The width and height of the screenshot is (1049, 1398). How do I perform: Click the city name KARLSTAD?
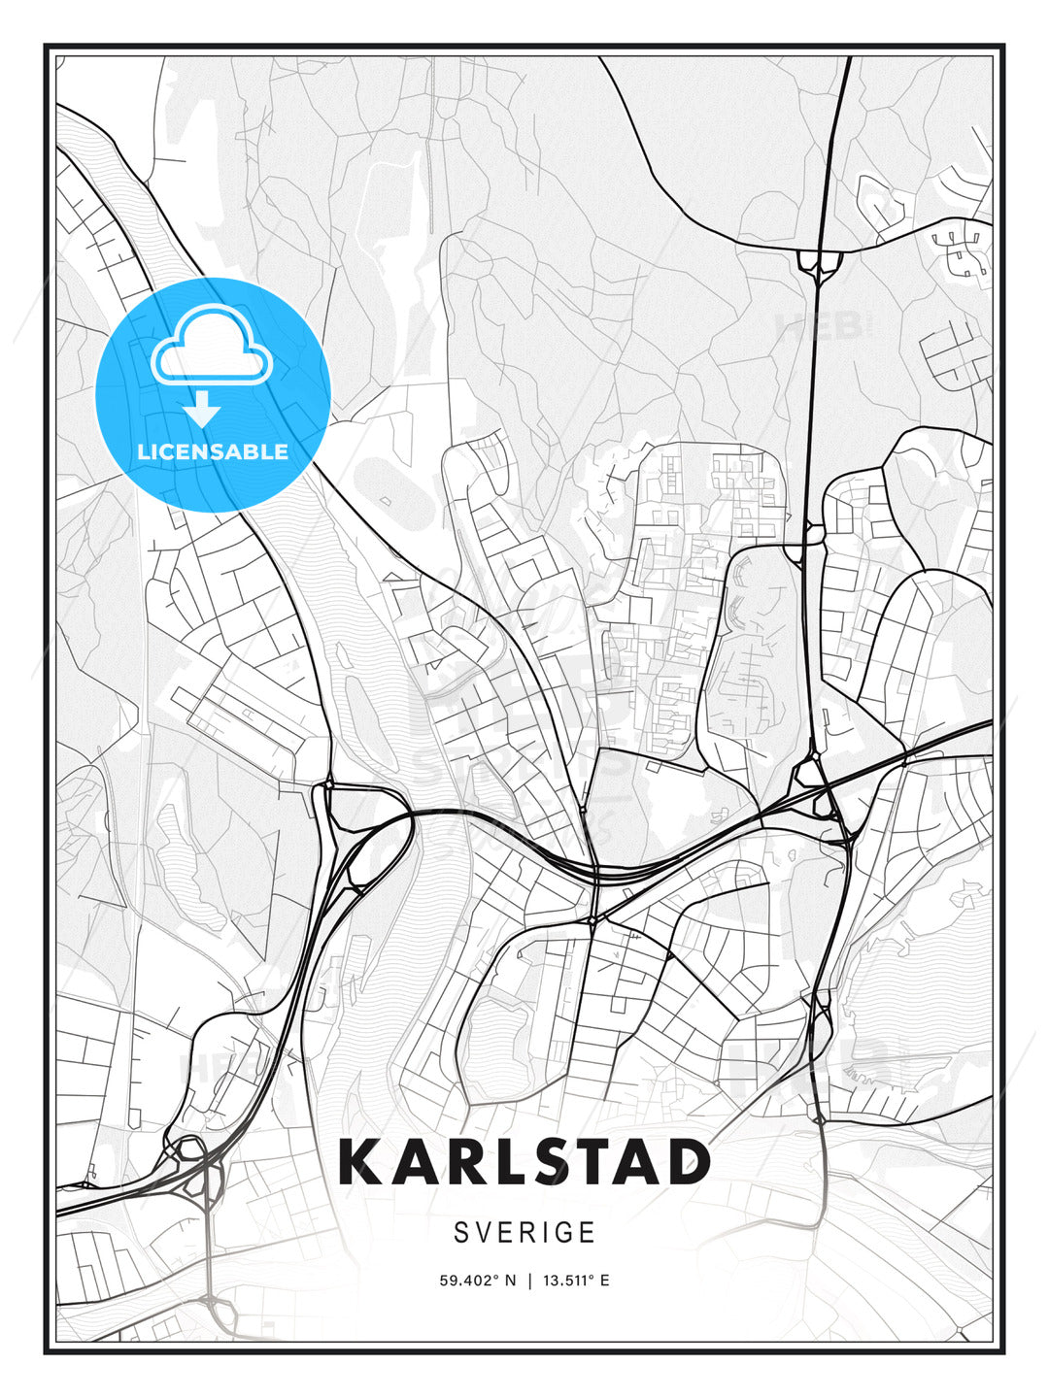(524, 1161)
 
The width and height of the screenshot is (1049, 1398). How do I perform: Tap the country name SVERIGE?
(524, 1232)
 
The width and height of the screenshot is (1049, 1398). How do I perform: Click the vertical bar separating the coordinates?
(529, 1281)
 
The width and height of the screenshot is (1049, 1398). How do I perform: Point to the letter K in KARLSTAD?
(360, 1161)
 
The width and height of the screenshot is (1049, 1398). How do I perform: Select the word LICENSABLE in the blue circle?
(213, 451)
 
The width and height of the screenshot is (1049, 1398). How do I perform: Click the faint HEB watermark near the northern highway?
(821, 326)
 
